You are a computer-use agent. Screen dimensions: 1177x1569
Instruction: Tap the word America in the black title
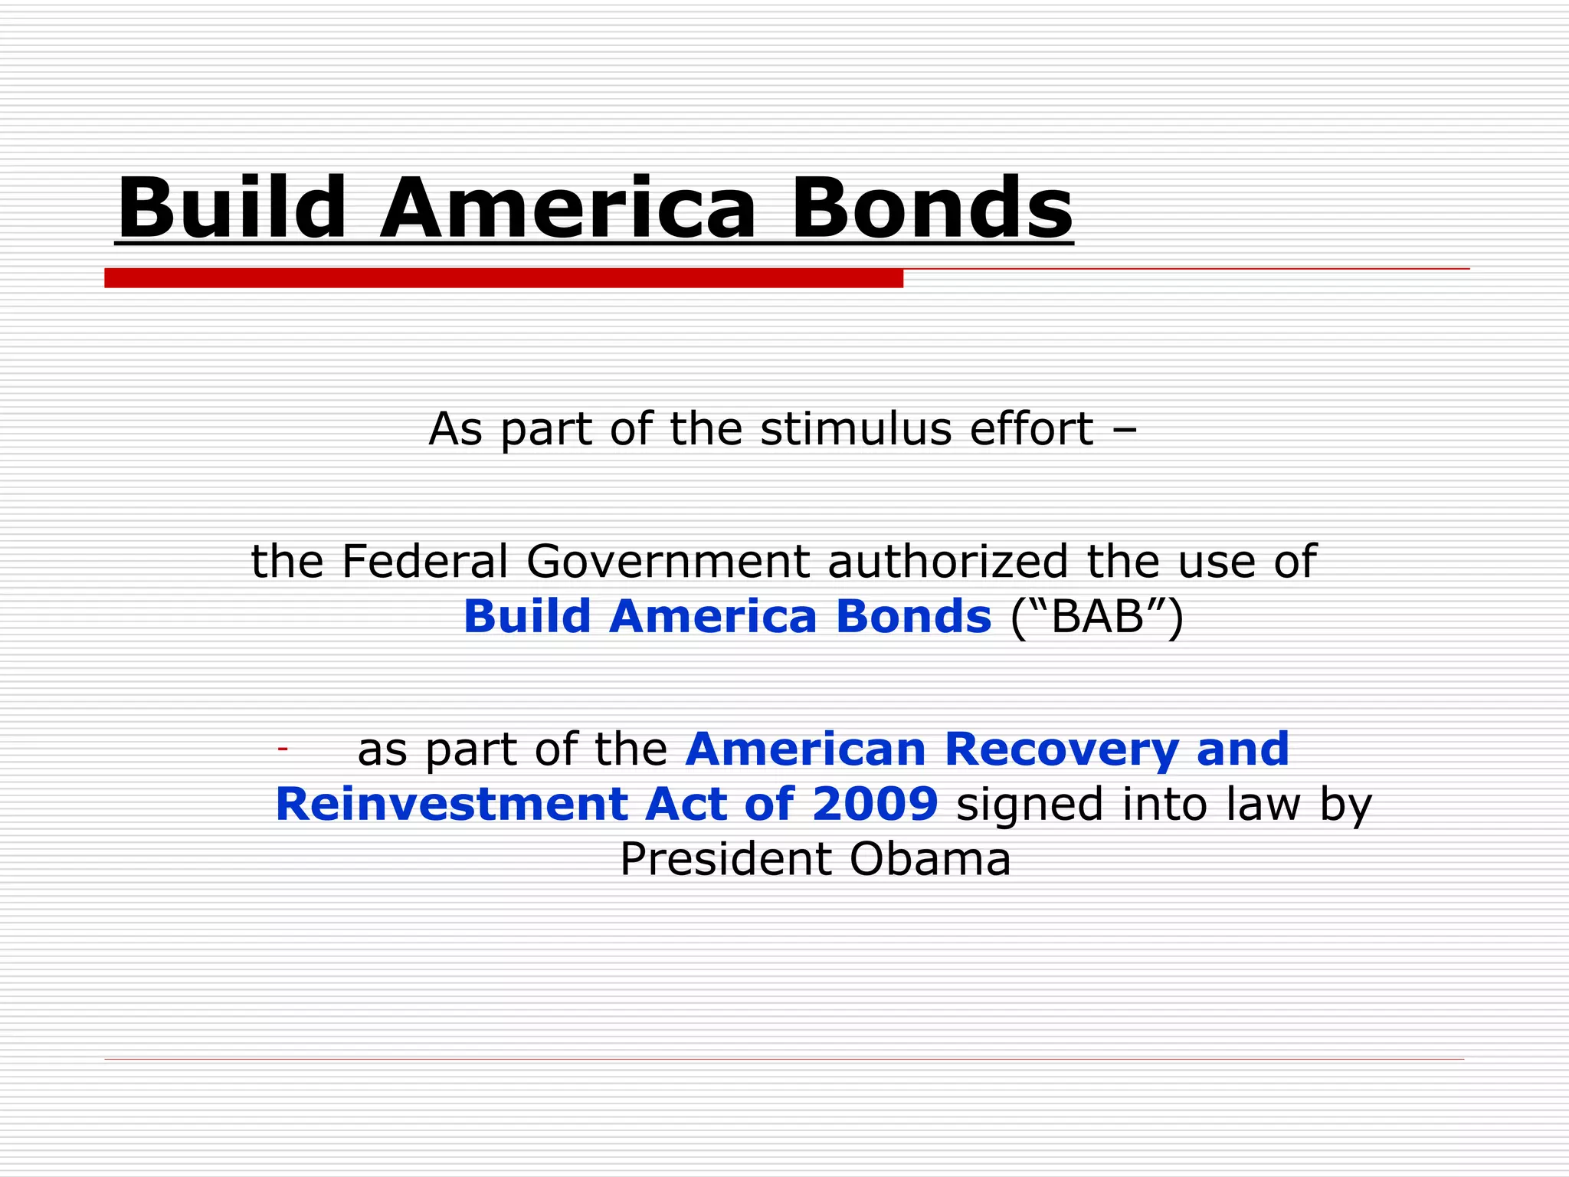(x=568, y=208)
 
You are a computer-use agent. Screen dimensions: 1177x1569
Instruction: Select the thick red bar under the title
(x=503, y=278)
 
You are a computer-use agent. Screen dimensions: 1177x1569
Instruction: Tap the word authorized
(x=948, y=561)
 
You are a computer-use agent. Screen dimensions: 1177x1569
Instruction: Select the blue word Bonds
(x=913, y=616)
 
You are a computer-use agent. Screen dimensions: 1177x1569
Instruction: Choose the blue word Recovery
(x=1062, y=749)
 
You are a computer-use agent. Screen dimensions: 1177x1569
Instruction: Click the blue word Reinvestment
(x=451, y=804)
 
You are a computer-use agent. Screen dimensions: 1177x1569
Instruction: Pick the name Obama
(x=930, y=859)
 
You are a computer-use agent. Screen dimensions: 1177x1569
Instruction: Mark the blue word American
(x=806, y=749)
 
